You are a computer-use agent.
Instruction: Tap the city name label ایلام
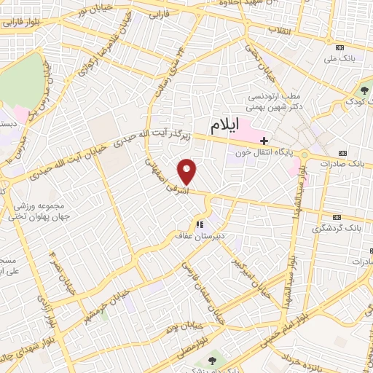pyautogui.click(x=224, y=126)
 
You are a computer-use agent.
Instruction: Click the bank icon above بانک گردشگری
pyautogui.click(x=337, y=217)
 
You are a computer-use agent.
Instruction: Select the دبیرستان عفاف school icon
pyautogui.click(x=199, y=224)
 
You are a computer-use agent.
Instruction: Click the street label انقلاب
pyautogui.click(x=280, y=29)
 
